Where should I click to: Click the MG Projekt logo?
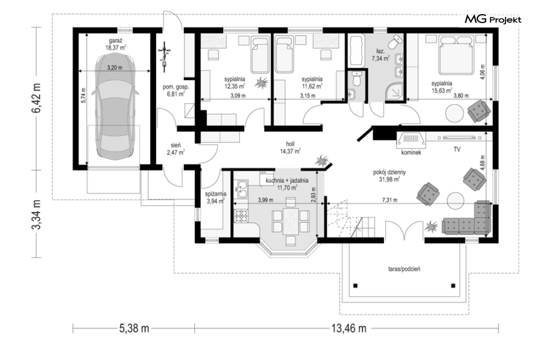493,20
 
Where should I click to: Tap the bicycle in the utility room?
165,56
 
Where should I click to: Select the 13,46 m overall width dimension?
348,329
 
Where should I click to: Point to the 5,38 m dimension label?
134,329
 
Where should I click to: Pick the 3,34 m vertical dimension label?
36,214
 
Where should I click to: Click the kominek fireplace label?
411,152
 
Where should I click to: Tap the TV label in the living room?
457,150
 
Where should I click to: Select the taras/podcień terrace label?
404,269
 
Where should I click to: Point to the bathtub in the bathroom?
356,50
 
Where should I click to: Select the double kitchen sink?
242,189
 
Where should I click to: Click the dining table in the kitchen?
290,221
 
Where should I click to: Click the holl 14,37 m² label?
290,147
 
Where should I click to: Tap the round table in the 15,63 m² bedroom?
454,113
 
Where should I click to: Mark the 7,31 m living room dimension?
390,200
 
